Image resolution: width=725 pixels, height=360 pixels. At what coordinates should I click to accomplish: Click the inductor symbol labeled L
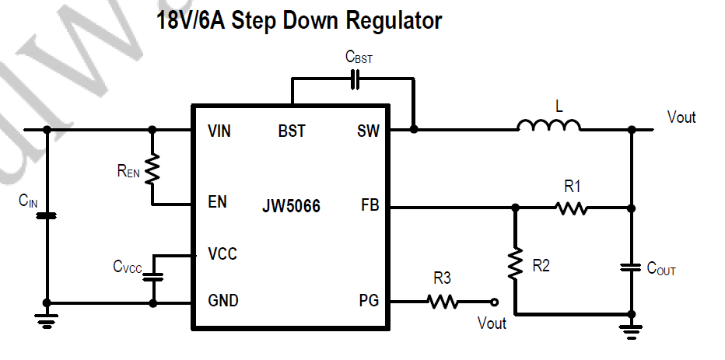[x=548, y=125]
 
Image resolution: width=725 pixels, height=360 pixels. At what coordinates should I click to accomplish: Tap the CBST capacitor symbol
[x=355, y=79]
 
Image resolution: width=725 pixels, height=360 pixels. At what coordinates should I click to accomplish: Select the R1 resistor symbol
[x=571, y=208]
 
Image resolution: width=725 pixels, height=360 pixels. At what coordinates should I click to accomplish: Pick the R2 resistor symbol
[x=514, y=264]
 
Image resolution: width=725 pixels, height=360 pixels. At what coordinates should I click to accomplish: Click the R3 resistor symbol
[x=443, y=302]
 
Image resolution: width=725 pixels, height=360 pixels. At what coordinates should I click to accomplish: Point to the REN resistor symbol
[x=152, y=168]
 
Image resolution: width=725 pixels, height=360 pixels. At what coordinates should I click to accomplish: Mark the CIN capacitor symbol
[x=47, y=215]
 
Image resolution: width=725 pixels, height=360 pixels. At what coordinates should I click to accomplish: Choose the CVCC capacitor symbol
[x=153, y=276]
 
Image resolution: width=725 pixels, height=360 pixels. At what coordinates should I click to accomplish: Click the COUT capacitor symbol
[x=631, y=268]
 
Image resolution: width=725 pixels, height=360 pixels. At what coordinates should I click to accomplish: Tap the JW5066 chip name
[x=291, y=208]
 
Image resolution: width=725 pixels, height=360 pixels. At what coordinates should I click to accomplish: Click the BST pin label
[x=292, y=131]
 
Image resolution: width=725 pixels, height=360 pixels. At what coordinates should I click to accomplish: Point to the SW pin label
[x=369, y=131]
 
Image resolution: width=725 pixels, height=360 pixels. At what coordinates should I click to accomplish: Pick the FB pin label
[x=370, y=208]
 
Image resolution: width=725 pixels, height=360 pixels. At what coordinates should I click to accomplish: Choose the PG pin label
[x=370, y=300]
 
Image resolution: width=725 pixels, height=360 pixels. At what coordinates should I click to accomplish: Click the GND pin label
[x=223, y=300]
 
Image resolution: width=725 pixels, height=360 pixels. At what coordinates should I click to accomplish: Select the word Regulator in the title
[x=387, y=21]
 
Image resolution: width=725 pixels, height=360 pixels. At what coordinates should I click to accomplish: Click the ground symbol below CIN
[x=47, y=317]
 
